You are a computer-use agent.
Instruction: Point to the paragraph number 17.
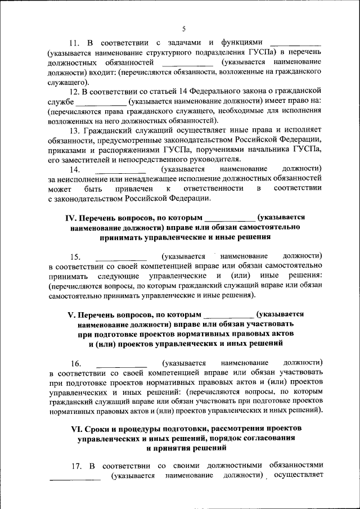74,466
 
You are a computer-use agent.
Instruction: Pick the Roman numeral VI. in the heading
74,429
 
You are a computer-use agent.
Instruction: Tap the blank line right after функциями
295,43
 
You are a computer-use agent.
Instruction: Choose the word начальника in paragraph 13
260,150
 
